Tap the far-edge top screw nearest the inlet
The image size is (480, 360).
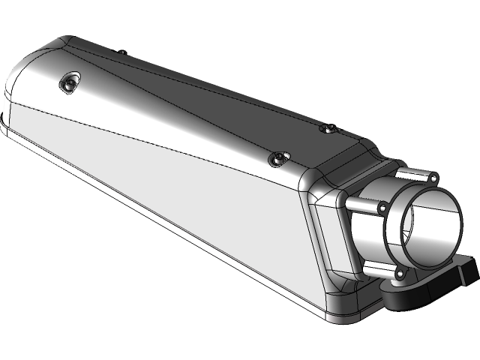pyautogui.click(x=327, y=129)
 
